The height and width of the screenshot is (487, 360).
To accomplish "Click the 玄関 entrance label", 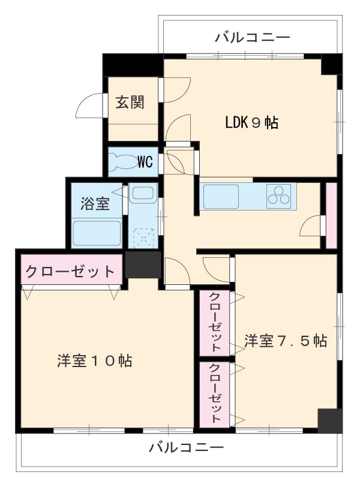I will [x=130, y=102].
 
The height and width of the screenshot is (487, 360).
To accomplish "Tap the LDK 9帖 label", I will [x=251, y=124].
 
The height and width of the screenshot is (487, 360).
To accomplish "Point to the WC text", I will [x=145, y=162].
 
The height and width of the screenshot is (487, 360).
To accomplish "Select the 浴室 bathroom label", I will [x=95, y=203].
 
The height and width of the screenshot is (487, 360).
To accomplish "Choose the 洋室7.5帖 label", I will [x=286, y=341].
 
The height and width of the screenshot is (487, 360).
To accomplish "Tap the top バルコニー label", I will [x=253, y=38].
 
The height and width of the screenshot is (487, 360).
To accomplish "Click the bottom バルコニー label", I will [x=186, y=447].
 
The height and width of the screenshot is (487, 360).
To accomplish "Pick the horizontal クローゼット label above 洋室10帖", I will [x=70, y=271].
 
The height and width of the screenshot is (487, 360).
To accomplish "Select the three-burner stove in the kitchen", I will [x=279, y=196].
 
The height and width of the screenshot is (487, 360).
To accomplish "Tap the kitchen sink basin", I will [x=221, y=196].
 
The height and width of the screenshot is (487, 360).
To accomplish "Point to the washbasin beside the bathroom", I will [x=143, y=195].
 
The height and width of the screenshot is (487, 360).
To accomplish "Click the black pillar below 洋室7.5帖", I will [x=329, y=420].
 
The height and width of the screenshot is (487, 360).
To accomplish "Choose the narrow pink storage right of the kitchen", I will [x=331, y=215].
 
